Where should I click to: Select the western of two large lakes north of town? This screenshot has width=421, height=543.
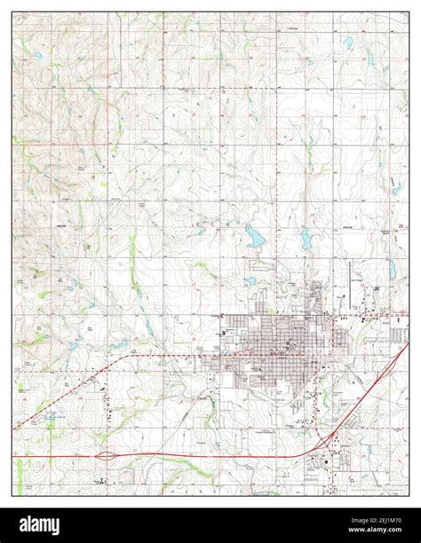pos(255,237)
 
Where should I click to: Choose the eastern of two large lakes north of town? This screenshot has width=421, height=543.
pos(306,238)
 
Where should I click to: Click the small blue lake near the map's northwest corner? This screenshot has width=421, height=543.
pos(38,55)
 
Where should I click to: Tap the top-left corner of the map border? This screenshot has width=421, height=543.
pos(12,12)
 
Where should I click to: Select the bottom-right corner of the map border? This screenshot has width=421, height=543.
pos(409,495)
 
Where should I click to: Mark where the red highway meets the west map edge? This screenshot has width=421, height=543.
pos(13,458)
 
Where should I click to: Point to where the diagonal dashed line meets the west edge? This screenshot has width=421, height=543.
pos(13,429)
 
